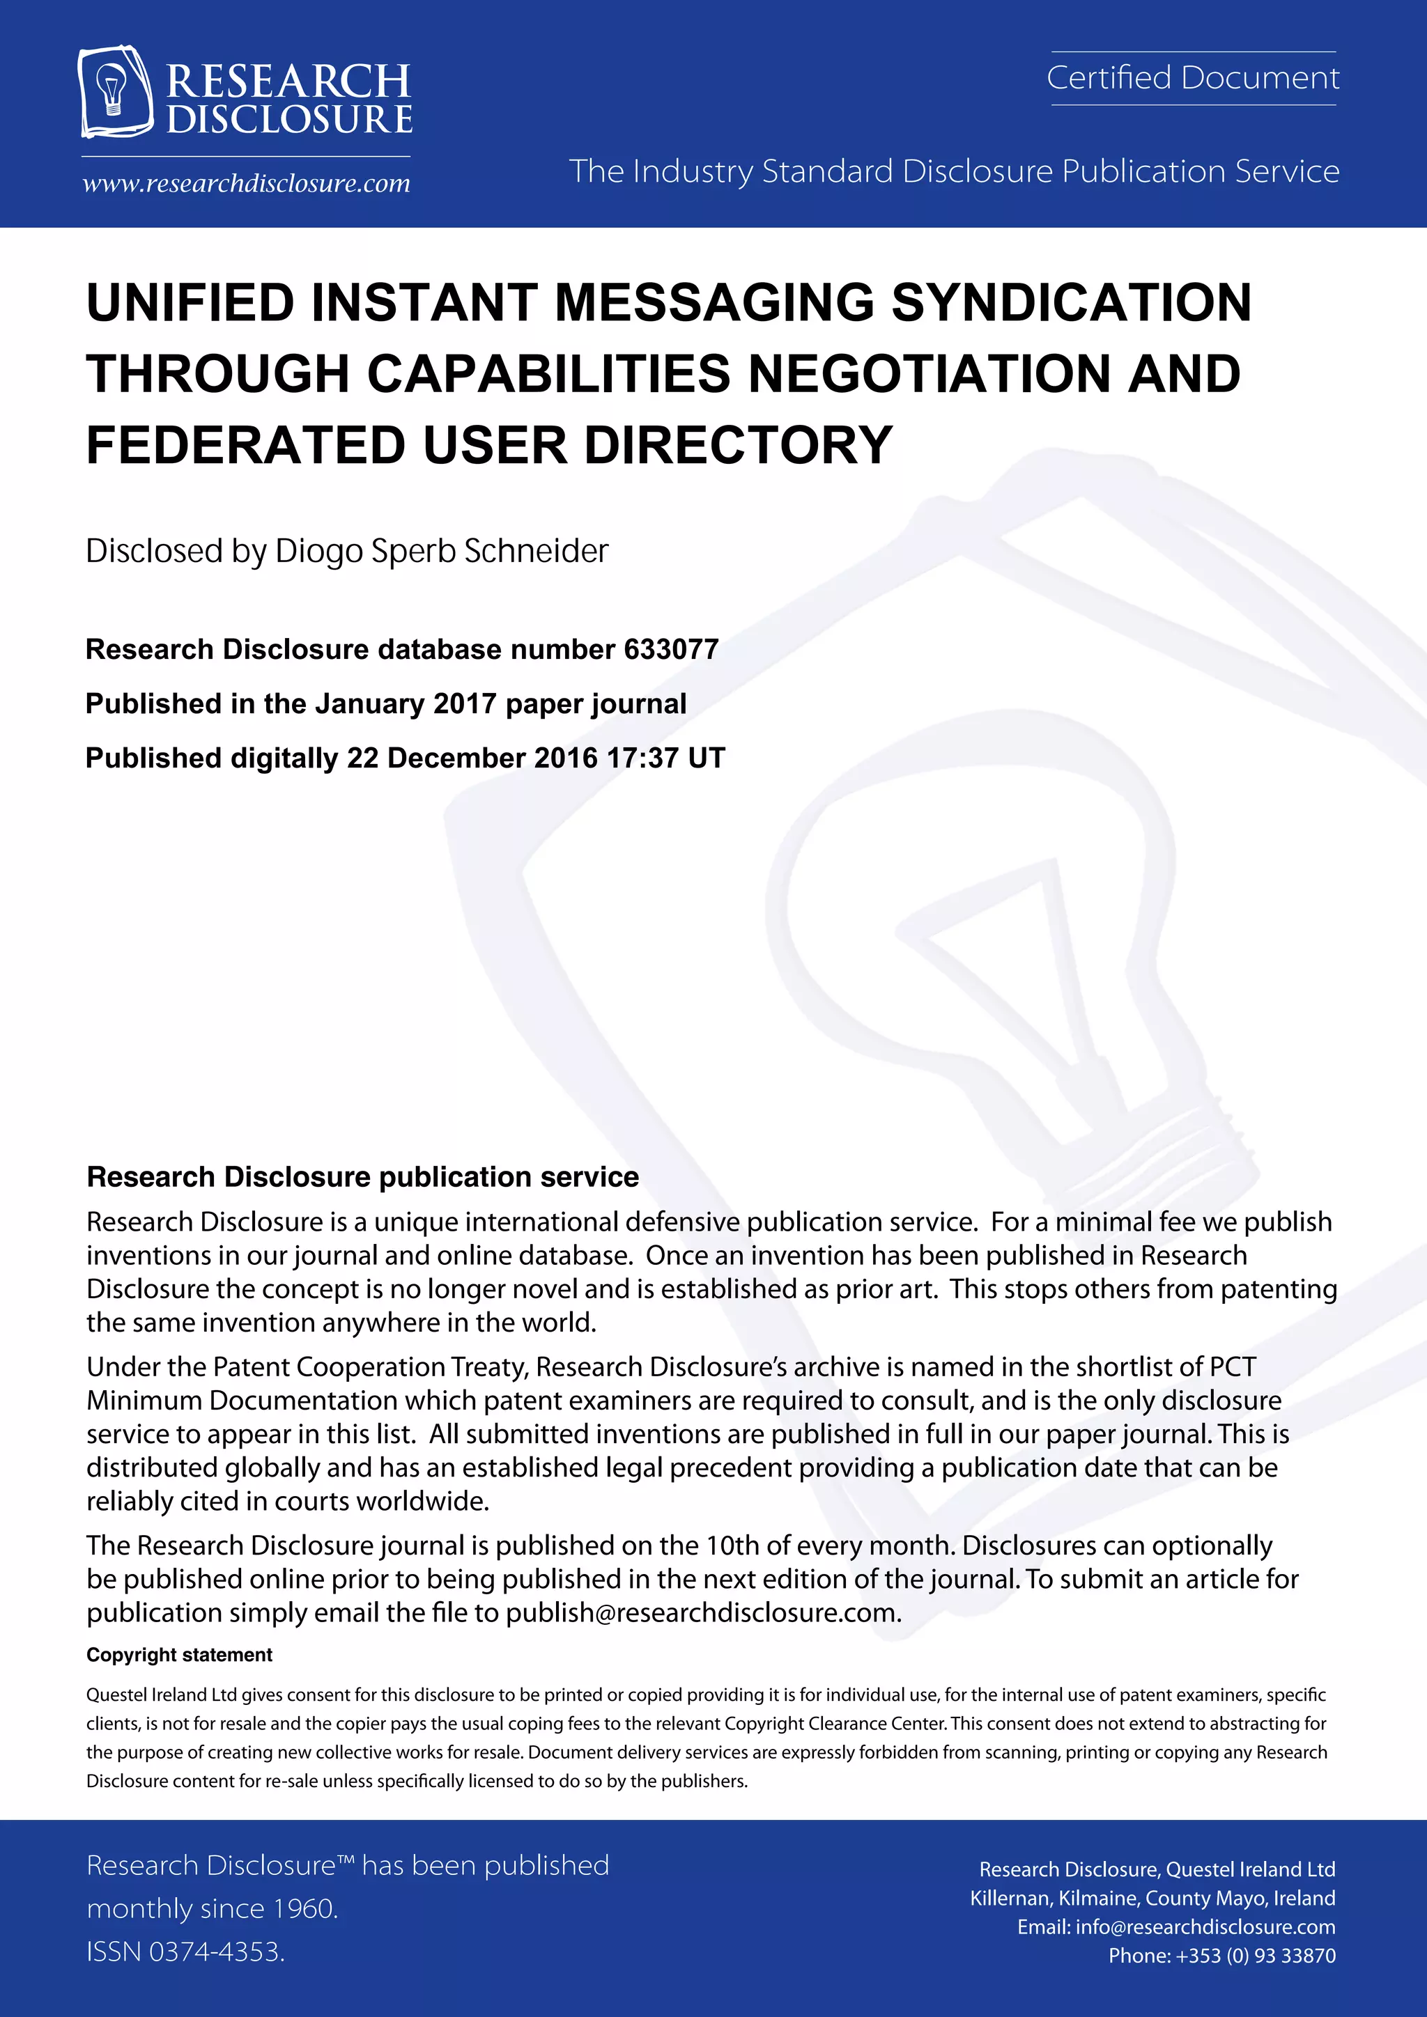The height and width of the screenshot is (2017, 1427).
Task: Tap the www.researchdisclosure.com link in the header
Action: [246, 184]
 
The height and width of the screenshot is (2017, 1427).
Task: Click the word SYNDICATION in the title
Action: [1071, 303]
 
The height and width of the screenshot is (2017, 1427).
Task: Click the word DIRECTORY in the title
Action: [738, 445]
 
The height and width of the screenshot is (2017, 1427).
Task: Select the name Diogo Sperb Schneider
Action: [441, 552]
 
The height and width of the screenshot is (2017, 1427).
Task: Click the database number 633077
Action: [671, 649]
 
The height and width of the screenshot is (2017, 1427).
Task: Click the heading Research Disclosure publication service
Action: [362, 1177]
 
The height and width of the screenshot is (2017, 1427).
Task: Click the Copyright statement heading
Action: [179, 1655]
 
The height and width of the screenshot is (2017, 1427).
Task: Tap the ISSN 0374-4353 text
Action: [185, 1952]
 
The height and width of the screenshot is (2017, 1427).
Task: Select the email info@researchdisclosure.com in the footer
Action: [1205, 1927]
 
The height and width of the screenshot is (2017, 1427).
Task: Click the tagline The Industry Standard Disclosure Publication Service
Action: [953, 171]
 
